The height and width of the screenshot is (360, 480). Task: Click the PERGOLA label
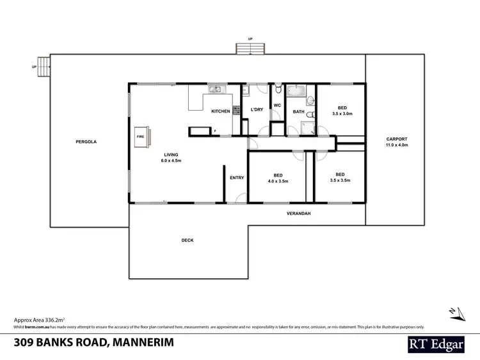[x=86, y=141]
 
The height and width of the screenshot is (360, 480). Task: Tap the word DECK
[x=187, y=240]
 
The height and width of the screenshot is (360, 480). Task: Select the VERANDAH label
[x=298, y=214]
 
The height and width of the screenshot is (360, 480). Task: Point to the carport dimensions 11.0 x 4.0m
[x=396, y=145]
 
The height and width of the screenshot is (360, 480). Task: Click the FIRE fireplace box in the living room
[x=140, y=136]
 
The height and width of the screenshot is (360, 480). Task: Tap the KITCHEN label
[x=221, y=111]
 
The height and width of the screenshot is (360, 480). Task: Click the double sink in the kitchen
[x=217, y=89]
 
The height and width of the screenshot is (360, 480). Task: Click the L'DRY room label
[x=257, y=110]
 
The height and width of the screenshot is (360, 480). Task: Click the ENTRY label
[x=237, y=178]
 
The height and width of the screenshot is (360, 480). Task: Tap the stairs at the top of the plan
[x=250, y=48]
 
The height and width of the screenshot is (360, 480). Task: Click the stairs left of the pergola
[x=43, y=66]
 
